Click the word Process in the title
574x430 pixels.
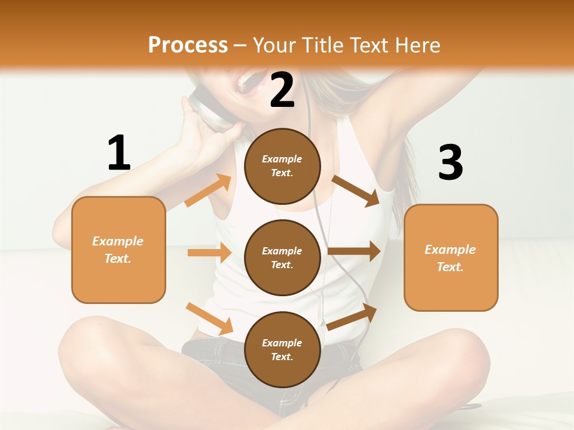188,45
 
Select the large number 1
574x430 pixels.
119,153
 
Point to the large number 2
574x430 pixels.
282,91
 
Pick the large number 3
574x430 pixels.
450,163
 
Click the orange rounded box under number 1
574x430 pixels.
118,250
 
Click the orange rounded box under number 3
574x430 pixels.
451,258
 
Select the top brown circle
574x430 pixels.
282,166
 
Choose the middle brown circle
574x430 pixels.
282,258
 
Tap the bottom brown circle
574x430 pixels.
282,350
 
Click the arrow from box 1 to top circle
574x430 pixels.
208,191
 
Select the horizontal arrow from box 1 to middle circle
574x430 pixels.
209,253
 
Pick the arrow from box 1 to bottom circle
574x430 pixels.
209,318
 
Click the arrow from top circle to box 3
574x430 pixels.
356,191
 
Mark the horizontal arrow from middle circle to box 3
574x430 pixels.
354,251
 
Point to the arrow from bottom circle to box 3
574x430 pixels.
352,317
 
